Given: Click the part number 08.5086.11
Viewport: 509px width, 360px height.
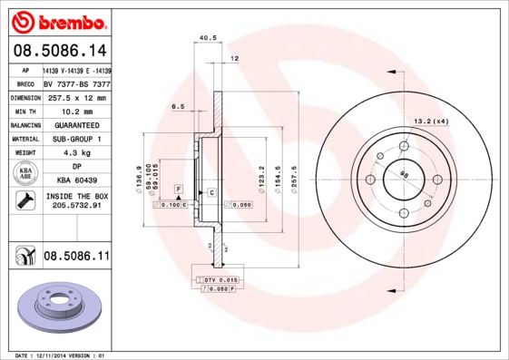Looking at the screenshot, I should coord(77,258).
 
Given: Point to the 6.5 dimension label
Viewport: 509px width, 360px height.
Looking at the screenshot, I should coord(177,107).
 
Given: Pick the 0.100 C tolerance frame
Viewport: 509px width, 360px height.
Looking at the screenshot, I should coord(171,206).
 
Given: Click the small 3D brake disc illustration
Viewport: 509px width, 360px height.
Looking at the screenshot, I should coord(57,306).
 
